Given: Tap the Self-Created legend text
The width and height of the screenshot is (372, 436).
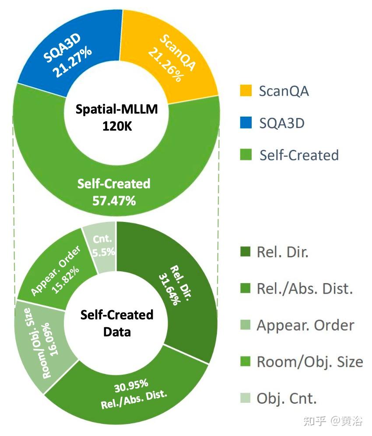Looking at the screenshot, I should click(299, 155).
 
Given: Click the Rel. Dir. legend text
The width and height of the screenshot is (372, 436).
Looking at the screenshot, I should click(282, 253).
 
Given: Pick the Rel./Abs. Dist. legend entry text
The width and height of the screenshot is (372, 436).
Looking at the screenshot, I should click(305, 288).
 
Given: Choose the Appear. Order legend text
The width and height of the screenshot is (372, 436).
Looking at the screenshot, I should click(305, 325).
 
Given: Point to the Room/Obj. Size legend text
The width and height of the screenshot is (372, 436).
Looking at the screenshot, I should click(309, 361).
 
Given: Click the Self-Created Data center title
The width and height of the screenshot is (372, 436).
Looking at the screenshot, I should click(117, 323).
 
